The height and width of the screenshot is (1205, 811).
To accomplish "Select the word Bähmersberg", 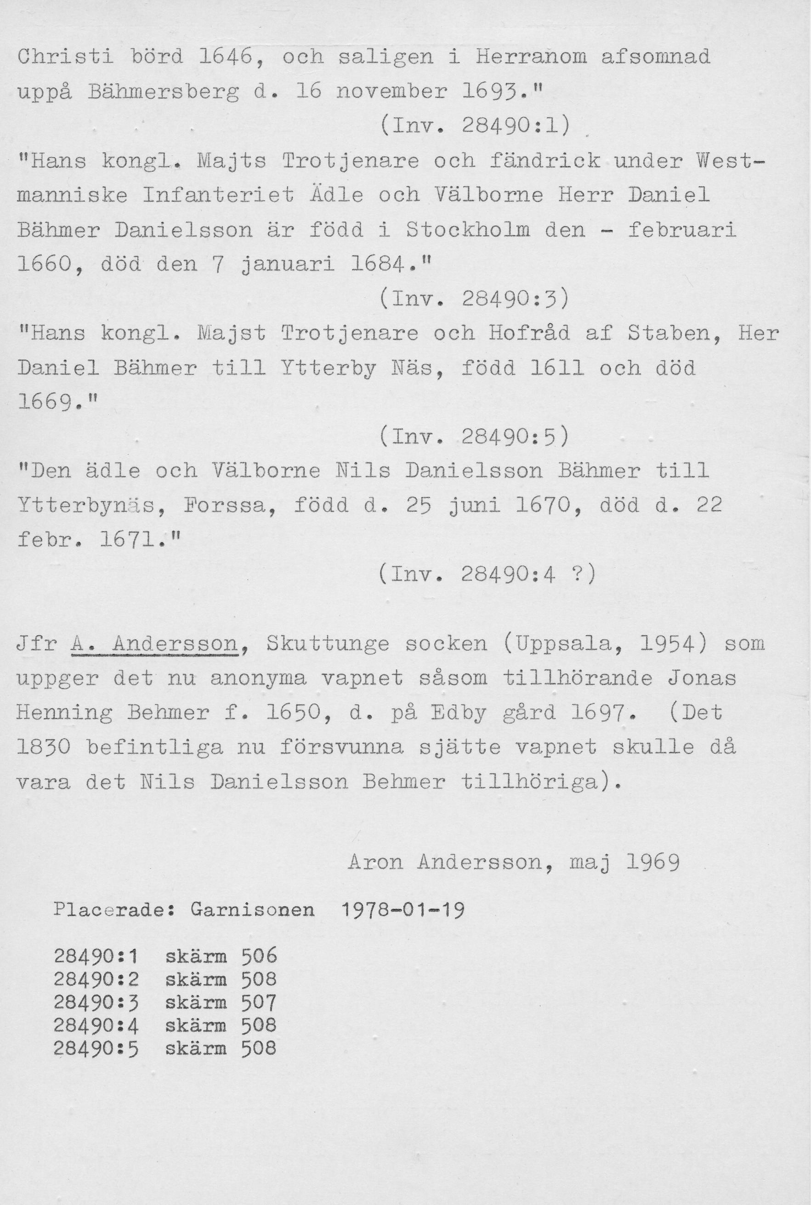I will click(164, 92).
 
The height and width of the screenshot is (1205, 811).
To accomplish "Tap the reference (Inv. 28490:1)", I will click(475, 126).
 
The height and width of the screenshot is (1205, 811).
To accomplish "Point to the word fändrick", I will click(544, 161).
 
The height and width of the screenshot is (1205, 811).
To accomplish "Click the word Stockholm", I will click(468, 230).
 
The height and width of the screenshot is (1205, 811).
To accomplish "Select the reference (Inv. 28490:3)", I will click(475, 298).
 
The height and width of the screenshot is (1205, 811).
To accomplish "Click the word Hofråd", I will click(529, 333).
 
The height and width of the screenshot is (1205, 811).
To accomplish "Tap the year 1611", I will click(557, 368).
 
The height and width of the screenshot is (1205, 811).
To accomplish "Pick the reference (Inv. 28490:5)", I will click(475, 438).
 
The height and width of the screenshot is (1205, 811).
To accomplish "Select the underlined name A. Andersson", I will click(153, 644).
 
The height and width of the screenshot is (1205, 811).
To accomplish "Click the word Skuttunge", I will click(328, 644).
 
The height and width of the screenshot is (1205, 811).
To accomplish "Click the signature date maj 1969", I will click(624, 862).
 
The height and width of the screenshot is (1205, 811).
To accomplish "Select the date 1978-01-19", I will click(403, 909).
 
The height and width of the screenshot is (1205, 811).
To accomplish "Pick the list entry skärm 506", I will click(221, 956).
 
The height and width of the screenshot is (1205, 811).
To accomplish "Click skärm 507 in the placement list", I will click(221, 1003).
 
